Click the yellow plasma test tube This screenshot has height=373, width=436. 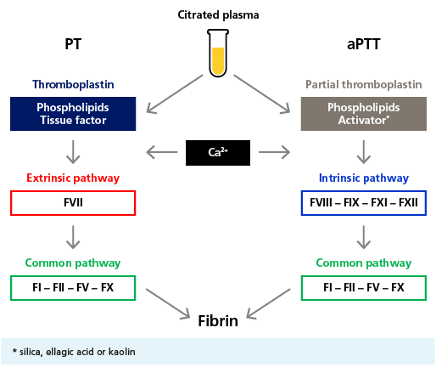pyautogui.click(x=218, y=53)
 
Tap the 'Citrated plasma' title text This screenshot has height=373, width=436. pyautogui.click(x=218, y=15)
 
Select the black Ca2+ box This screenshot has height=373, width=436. pyautogui.click(x=218, y=153)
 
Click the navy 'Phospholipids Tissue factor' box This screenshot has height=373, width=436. pyautogui.click(x=73, y=114)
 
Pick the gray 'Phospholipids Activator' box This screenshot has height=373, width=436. pyautogui.click(x=364, y=114)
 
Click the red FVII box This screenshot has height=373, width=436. pyautogui.click(x=73, y=203)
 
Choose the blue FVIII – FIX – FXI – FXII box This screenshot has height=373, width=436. pyautogui.click(x=364, y=203)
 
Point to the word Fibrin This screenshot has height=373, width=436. pyautogui.click(x=218, y=321)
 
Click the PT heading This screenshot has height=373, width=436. pyautogui.click(x=73, y=44)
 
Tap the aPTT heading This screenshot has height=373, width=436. pyautogui.click(x=364, y=44)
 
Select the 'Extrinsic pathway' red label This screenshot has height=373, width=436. pyautogui.click(x=73, y=178)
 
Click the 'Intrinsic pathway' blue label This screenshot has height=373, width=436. pyautogui.click(x=364, y=178)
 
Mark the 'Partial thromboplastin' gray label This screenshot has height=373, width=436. pyautogui.click(x=364, y=84)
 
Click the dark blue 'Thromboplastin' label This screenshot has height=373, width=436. pyautogui.click(x=73, y=84)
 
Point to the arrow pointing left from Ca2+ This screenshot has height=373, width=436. pyautogui.click(x=162, y=152)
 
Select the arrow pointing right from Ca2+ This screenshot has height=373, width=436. pyautogui.click(x=274, y=152)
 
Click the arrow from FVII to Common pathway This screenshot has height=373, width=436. pyautogui.click(x=73, y=237)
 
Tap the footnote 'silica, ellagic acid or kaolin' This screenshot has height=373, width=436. pyautogui.click(x=77, y=352)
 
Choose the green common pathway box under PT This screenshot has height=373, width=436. pyautogui.click(x=73, y=288)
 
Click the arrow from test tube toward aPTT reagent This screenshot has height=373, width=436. pyautogui.click(x=262, y=94)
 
